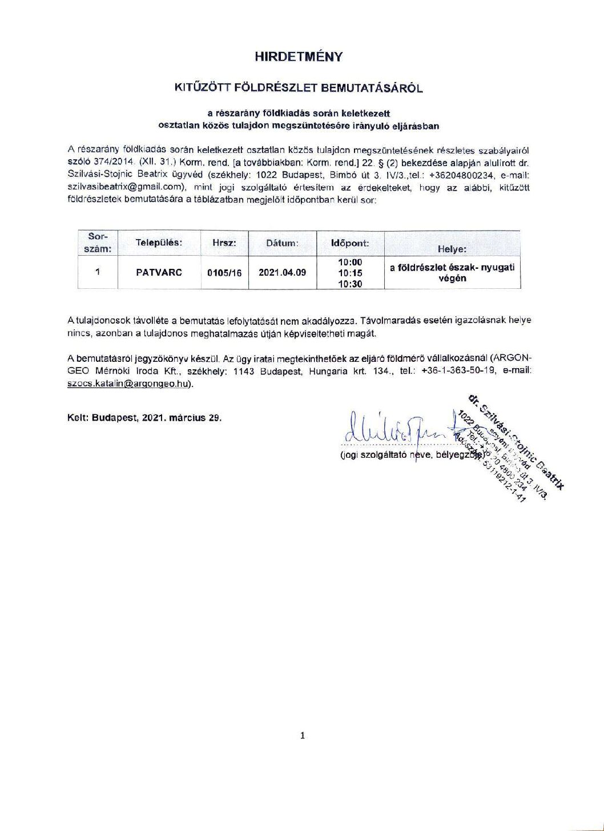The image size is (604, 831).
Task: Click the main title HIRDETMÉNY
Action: (x=299, y=57)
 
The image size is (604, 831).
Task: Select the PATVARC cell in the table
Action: (x=159, y=272)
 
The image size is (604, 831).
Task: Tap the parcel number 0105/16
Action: (x=224, y=273)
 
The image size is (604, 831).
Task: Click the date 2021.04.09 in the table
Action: (x=282, y=272)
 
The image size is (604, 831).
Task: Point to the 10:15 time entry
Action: (x=350, y=273)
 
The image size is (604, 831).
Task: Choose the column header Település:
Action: (x=159, y=243)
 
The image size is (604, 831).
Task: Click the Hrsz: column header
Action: (x=224, y=243)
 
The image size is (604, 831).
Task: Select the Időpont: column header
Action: (x=350, y=243)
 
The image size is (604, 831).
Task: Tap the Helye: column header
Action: (x=452, y=249)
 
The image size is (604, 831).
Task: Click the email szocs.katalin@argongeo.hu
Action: (x=127, y=384)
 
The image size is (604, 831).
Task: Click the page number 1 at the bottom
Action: (x=303, y=735)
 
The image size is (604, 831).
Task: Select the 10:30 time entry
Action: (x=350, y=284)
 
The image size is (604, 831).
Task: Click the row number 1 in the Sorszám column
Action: (x=98, y=272)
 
